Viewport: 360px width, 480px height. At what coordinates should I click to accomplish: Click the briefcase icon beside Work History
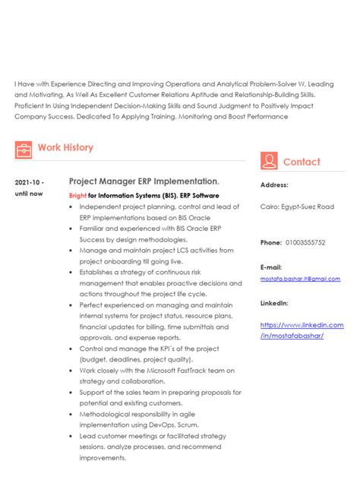(24, 148)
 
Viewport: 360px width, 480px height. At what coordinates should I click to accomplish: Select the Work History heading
(65, 147)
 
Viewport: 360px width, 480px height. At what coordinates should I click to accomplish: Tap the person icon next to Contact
(268, 161)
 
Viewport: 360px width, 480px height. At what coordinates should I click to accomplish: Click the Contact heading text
(302, 162)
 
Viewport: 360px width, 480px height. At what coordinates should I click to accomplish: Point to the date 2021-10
(30, 183)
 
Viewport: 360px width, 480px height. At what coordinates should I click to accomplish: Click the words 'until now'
(29, 194)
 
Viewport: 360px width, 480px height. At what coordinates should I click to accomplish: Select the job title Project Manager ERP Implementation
(144, 182)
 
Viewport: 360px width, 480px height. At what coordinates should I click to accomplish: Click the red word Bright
(77, 195)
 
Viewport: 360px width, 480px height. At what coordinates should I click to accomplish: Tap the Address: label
(274, 185)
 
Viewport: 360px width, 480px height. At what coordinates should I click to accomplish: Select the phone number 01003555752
(307, 242)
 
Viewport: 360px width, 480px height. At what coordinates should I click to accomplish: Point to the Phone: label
(271, 242)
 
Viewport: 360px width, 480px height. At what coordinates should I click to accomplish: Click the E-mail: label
(271, 267)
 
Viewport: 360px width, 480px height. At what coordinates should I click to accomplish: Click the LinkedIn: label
(274, 302)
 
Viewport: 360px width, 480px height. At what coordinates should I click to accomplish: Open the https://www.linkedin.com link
(302, 325)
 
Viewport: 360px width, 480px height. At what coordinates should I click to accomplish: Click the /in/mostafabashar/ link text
(292, 336)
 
